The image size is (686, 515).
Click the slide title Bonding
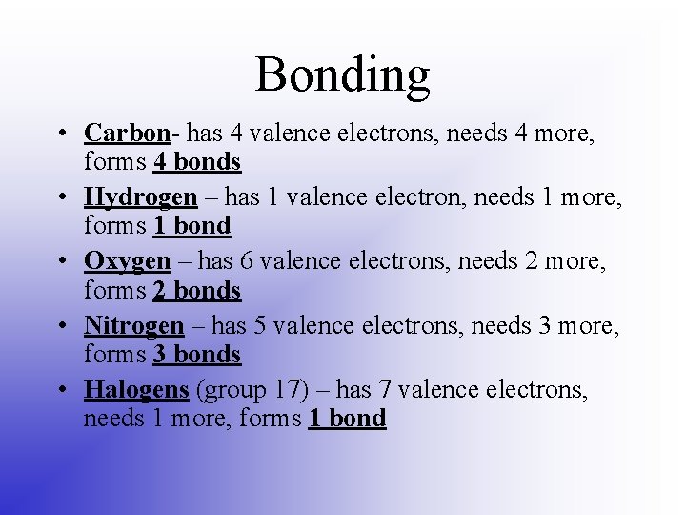(342, 74)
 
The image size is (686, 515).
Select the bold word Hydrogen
(141, 196)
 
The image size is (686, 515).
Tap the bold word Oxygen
(127, 261)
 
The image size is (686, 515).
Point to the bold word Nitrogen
(133, 325)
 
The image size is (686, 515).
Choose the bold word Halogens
(136, 389)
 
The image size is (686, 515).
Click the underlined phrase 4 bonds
(197, 162)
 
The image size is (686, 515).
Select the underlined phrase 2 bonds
(197, 290)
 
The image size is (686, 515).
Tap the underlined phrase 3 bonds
(197, 354)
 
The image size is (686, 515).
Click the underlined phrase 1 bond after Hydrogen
(192, 226)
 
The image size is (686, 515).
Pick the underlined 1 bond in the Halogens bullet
(347, 418)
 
